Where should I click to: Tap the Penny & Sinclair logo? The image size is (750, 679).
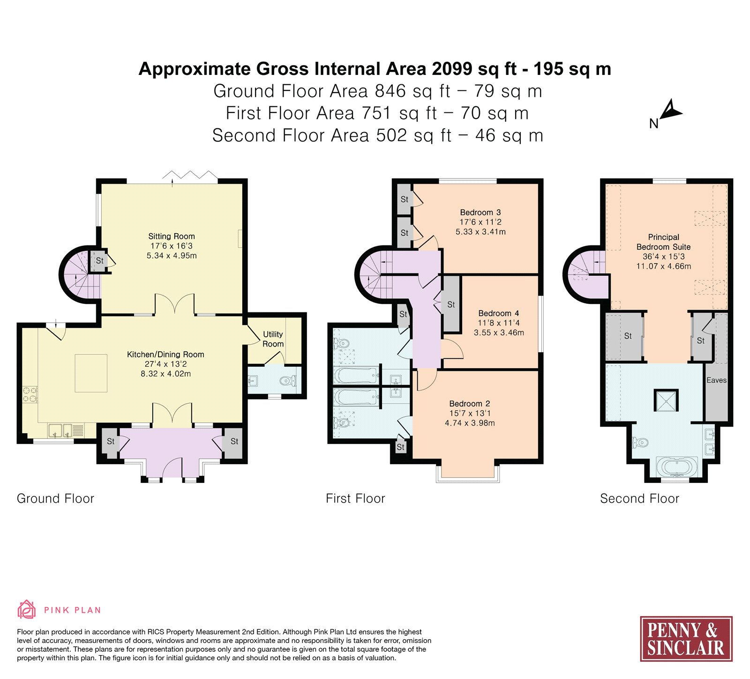[686, 638]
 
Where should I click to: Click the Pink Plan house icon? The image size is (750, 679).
[26, 609]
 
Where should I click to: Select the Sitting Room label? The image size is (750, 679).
[172, 236]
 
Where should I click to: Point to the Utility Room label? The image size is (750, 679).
[273, 339]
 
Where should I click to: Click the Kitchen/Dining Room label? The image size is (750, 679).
[165, 354]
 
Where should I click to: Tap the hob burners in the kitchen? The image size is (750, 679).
[30, 394]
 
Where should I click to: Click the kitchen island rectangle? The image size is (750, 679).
[91, 373]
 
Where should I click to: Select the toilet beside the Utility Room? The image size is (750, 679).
[287, 381]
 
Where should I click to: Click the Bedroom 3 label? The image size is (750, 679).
[480, 213]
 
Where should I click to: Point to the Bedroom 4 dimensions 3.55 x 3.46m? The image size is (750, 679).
[499, 332]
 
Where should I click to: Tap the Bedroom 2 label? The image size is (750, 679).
[470, 404]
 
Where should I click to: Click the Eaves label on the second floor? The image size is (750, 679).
[716, 380]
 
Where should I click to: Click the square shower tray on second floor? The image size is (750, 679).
[666, 400]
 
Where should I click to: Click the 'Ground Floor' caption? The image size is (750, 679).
[55, 498]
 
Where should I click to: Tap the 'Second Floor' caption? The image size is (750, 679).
[639, 498]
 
